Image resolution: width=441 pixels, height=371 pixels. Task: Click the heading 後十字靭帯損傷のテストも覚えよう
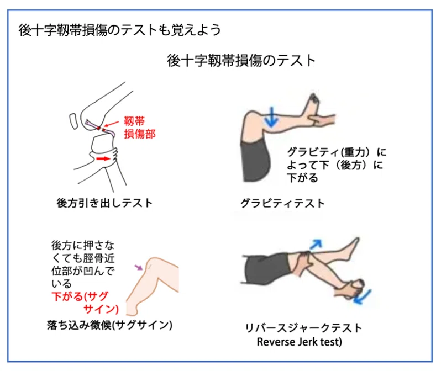click(119, 30)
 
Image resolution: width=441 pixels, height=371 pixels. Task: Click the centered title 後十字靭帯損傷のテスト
click(241, 60)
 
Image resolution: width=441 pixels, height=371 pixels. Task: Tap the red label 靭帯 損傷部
click(139, 128)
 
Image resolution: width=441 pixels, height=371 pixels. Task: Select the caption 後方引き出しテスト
click(104, 203)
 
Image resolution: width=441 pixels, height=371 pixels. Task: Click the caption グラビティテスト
click(282, 203)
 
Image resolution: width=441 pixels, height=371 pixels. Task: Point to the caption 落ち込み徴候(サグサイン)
click(109, 325)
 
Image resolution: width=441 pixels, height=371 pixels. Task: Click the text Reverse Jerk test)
click(300, 342)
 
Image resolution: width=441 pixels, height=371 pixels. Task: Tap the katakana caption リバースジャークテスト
click(303, 328)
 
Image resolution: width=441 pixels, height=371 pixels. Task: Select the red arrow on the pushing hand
click(103, 159)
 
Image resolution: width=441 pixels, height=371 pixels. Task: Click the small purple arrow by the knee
click(139, 267)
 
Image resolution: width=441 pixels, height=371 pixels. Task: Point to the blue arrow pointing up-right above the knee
click(316, 244)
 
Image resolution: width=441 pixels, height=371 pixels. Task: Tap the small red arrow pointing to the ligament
click(112, 124)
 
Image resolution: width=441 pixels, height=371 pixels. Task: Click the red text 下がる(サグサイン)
click(85, 303)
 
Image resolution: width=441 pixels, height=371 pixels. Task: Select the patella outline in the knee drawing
click(73, 121)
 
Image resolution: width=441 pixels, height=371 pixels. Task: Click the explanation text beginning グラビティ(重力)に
click(337, 165)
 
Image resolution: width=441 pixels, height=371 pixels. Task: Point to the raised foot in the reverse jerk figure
click(350, 249)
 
